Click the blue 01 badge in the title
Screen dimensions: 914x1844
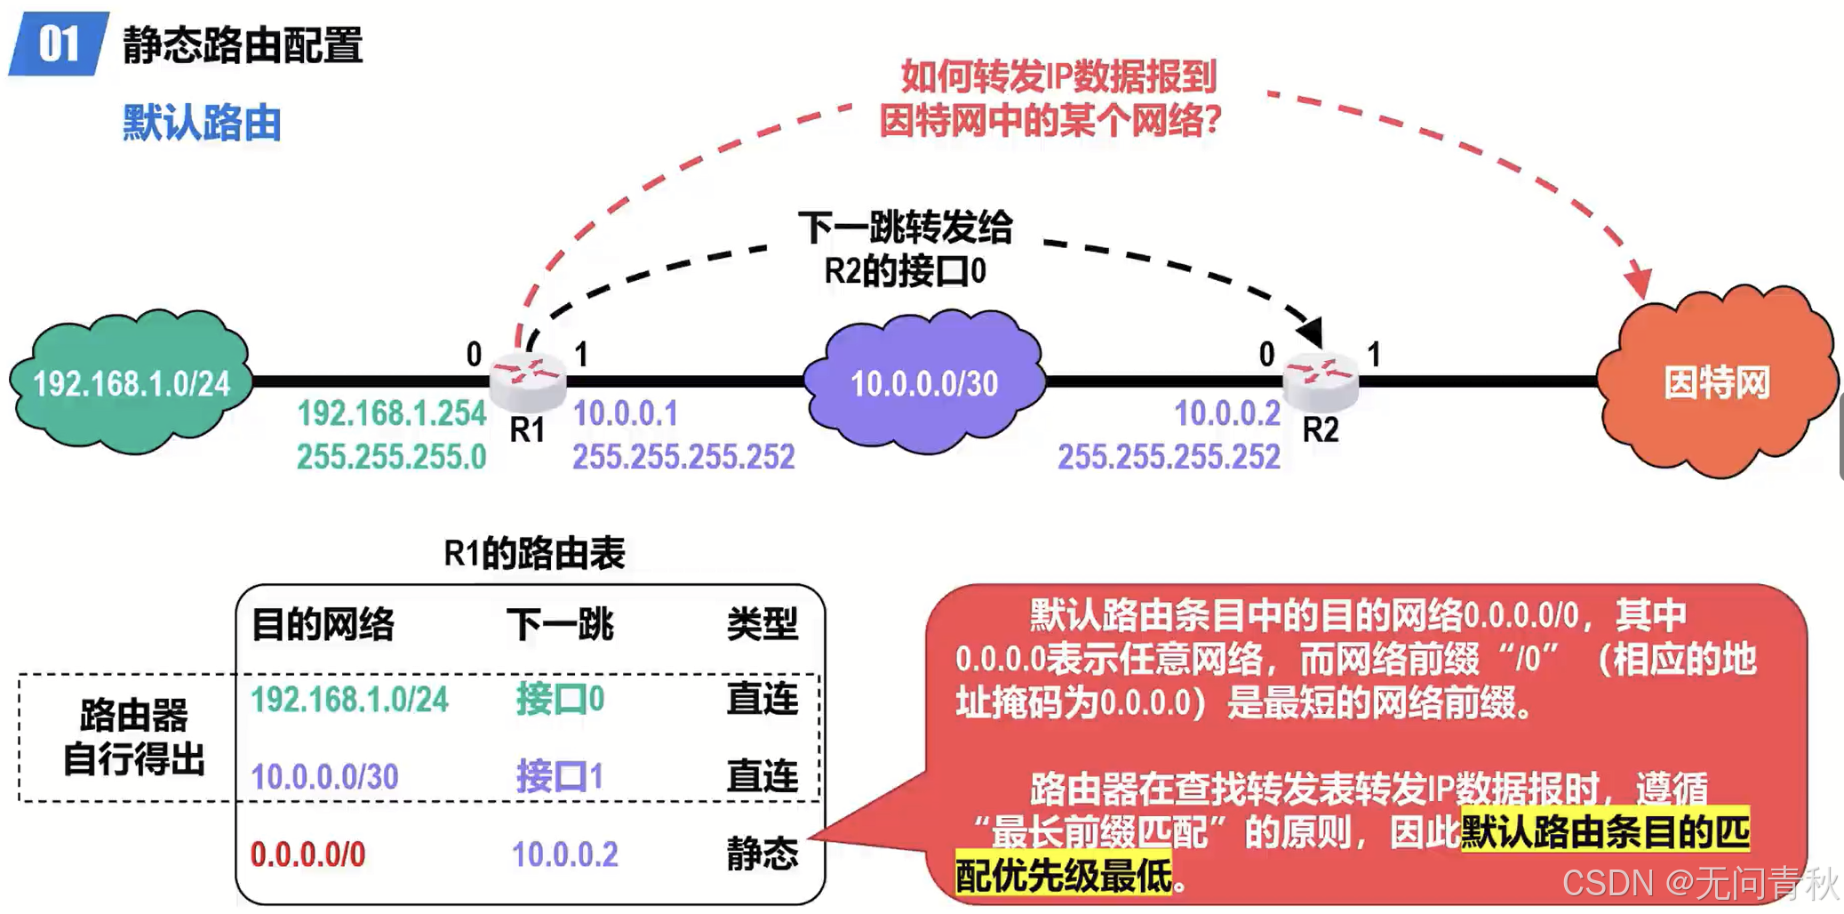click(59, 44)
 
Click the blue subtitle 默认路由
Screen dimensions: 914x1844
click(202, 123)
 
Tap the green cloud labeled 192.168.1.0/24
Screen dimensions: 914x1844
click(132, 383)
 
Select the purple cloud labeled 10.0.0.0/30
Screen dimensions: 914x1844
click(924, 383)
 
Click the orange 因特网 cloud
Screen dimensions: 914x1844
click(1716, 383)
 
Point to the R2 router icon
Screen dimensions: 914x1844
click(1321, 377)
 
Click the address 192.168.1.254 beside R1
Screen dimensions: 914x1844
click(391, 413)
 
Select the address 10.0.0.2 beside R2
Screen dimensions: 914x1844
click(1226, 413)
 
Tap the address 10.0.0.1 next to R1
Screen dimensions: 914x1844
click(625, 413)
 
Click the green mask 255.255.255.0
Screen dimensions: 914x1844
click(391, 457)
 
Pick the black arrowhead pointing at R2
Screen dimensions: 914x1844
click(1312, 331)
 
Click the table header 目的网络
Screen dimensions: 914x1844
click(323, 624)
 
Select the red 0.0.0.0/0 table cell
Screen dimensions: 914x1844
click(307, 854)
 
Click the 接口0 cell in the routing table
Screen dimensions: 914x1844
click(560, 700)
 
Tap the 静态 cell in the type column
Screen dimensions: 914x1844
click(762, 854)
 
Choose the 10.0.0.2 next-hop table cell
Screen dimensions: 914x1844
click(564, 854)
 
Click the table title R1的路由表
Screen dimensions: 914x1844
click(534, 553)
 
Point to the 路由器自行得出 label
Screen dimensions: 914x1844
click(133, 737)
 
